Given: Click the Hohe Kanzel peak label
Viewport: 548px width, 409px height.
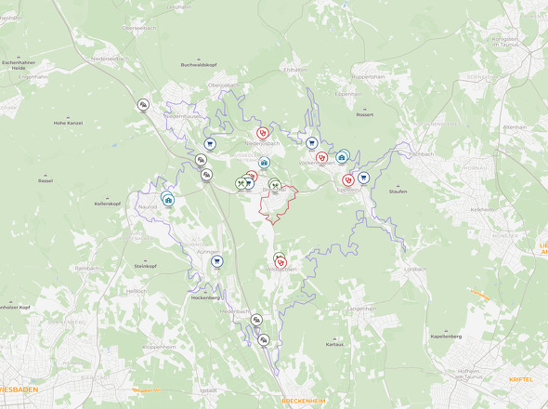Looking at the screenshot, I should (68, 123).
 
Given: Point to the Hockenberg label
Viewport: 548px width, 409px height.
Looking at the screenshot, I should (204, 297).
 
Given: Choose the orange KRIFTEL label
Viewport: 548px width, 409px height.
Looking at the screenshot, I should (522, 379).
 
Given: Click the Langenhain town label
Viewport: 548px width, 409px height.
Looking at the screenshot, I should (361, 308).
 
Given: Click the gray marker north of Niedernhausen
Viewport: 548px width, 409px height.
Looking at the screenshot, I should (143, 105).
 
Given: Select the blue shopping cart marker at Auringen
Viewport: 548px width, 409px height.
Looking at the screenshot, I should (216, 262).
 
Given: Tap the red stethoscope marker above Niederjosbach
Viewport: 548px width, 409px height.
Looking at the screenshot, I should (263, 133).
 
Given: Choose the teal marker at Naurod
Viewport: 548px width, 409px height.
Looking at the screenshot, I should (168, 199).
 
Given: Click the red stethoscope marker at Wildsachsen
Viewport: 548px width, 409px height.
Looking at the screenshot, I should (281, 263).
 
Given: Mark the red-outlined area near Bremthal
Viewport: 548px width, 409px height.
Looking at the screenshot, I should (279, 204).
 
